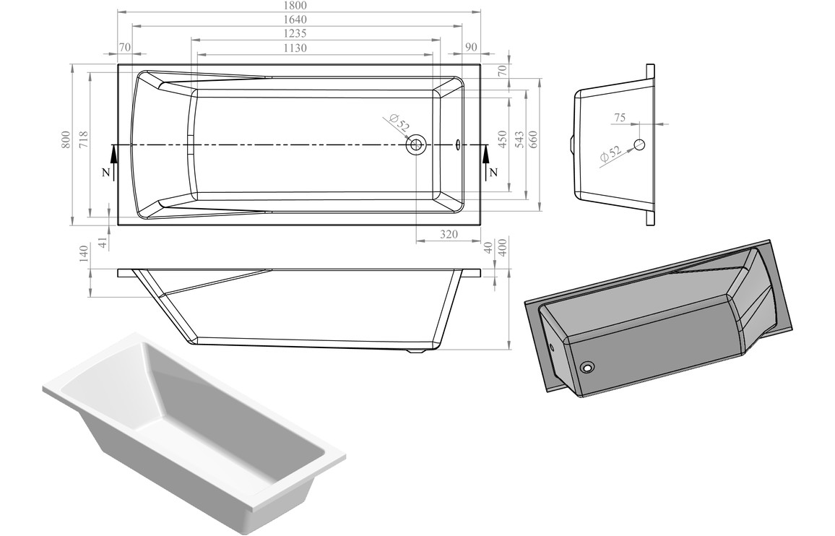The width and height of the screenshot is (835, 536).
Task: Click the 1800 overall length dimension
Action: (298, 5)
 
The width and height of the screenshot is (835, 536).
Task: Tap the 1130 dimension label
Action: (295, 48)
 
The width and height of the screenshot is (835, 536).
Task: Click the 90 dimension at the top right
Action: (471, 47)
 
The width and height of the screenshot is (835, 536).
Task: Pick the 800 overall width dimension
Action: (66, 139)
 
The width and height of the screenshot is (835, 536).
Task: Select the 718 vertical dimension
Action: (83, 139)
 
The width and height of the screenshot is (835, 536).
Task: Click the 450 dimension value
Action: (501, 139)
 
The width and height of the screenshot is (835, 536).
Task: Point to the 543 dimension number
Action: (518, 139)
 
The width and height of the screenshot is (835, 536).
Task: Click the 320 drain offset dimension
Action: (449, 234)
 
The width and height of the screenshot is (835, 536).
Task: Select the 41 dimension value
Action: (103, 243)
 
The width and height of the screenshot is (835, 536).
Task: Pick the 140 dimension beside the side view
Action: (83, 252)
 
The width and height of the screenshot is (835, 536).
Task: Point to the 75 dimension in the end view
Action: (619, 117)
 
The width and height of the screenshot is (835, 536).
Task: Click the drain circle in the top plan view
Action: (416, 145)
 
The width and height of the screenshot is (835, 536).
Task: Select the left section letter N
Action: (106, 173)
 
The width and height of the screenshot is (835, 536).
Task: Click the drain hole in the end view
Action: (639, 144)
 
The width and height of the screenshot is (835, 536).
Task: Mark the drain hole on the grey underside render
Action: (589, 368)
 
